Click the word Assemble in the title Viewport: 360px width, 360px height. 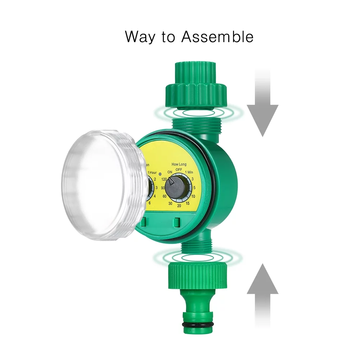tap(217, 37)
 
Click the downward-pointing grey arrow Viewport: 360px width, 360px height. tap(262, 108)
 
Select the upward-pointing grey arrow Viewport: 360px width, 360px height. tap(262, 292)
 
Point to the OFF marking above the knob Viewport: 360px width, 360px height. tap(179, 170)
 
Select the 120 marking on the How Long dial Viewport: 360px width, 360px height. tap(165, 179)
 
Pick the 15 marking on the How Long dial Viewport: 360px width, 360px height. tap(188, 204)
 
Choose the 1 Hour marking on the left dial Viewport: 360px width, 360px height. tap(152, 173)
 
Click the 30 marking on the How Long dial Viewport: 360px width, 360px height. tap(170, 204)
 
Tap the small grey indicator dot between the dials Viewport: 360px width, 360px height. tap(160, 174)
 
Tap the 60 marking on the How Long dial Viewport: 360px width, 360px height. tap(164, 196)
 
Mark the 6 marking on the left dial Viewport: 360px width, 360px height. tap(150, 203)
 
